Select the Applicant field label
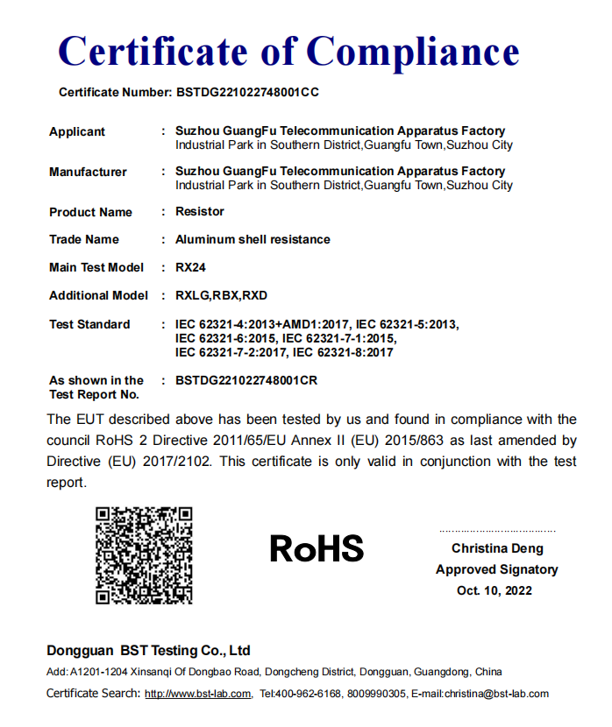[77, 131]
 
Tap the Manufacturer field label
[88, 172]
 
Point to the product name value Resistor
[200, 211]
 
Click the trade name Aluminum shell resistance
[253, 239]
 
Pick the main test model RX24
[190, 267]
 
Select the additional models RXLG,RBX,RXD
[221, 295]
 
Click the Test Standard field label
[89, 324]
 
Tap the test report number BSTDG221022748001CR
[246, 380]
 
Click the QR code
[144, 555]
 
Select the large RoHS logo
[317, 549]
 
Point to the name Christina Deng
[497, 548]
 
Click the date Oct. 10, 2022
[495, 590]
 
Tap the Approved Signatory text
[497, 569]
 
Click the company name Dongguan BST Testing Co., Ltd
[148, 651]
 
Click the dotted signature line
[497, 531]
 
